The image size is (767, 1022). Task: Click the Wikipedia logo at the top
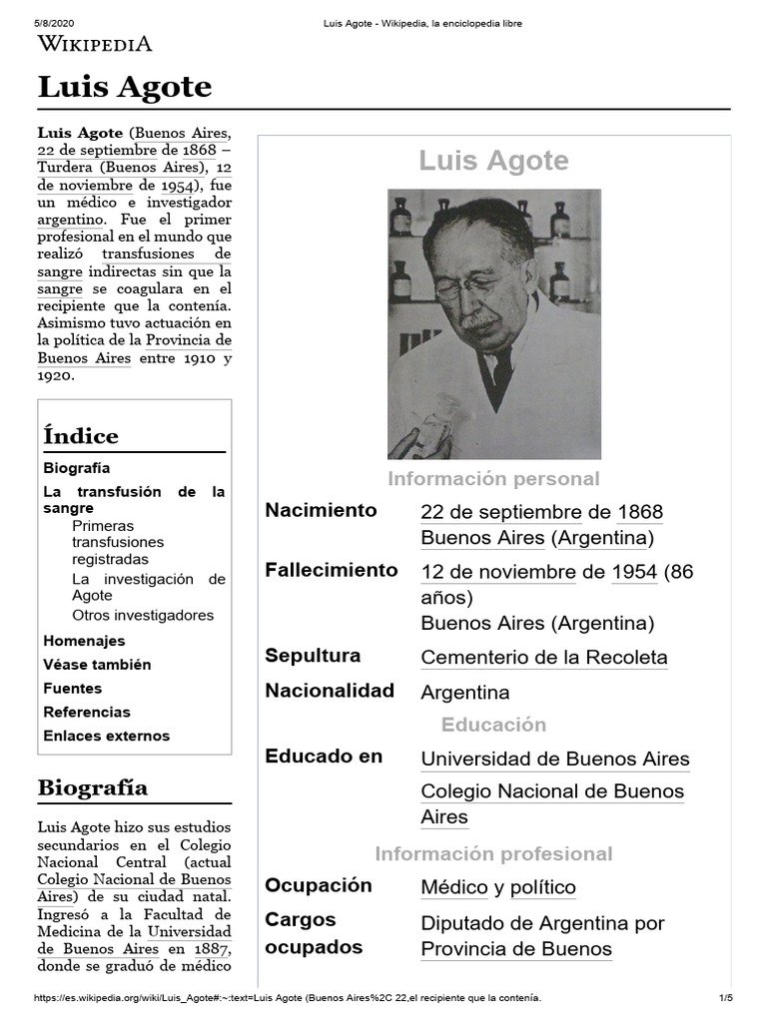pos(95,43)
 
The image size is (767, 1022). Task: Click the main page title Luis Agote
pos(125,88)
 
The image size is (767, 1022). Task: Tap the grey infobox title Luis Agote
pos(493,161)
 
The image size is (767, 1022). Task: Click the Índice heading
pos(81,436)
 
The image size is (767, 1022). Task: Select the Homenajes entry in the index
pos(84,641)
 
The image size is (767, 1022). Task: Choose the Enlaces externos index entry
pos(107,736)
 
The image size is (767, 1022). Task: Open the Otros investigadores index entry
pos(143,615)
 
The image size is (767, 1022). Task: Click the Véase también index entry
pos(97,665)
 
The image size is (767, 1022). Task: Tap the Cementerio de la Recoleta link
pos(544,658)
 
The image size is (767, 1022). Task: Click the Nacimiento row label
pos(321,511)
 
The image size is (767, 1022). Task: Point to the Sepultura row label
pos(313,656)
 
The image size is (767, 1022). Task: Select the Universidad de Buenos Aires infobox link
pos(555,759)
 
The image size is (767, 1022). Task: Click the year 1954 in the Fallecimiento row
pos(634,572)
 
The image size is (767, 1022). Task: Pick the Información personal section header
pos(493,479)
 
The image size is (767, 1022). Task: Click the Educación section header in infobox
pos(493,725)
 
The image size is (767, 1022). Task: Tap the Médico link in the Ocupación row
pos(454,887)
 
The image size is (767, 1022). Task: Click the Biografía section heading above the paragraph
pos(93,787)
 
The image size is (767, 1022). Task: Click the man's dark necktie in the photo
pos(493,375)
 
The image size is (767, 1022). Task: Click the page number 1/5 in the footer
pos(725,998)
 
